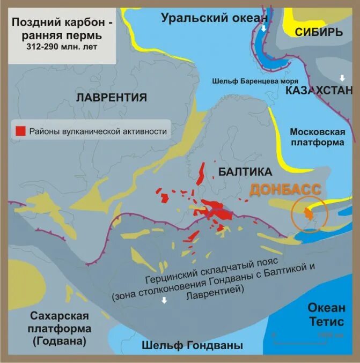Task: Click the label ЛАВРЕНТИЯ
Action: click(111, 98)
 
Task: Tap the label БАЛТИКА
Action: click(246, 172)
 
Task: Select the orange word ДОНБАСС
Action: click(285, 190)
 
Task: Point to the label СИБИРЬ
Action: click(318, 32)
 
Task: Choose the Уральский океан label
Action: click(214, 18)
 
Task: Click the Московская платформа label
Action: click(317, 137)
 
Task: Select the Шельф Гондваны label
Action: click(193, 345)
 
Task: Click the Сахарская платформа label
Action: click(59, 328)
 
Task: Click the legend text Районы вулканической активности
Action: click(98, 130)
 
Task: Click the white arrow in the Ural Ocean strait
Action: click(263, 28)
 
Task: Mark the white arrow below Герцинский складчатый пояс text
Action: click(165, 300)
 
